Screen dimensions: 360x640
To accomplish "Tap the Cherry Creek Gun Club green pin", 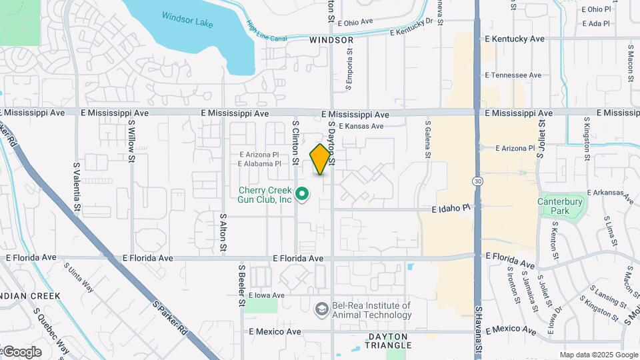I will click(x=301, y=194).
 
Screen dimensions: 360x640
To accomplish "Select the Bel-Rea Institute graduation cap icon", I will click(x=322, y=309).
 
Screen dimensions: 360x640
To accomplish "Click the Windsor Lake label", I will click(x=187, y=20).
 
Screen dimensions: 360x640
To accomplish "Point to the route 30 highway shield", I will click(x=477, y=181).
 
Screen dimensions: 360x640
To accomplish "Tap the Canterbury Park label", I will click(x=561, y=206).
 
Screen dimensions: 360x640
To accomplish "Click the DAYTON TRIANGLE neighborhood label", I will click(x=388, y=340).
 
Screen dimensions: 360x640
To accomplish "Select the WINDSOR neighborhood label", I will click(x=331, y=40).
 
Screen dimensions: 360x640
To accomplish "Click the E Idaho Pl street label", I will click(x=451, y=209).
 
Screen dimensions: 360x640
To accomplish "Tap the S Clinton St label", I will click(x=295, y=139).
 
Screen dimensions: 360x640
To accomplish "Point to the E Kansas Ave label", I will click(x=361, y=126).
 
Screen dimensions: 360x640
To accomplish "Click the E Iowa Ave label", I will click(x=267, y=295).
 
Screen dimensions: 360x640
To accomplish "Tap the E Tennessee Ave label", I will click(x=513, y=75).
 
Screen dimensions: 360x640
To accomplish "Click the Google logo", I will click(x=21, y=352).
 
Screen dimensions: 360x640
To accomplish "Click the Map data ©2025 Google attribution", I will click(x=599, y=355).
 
